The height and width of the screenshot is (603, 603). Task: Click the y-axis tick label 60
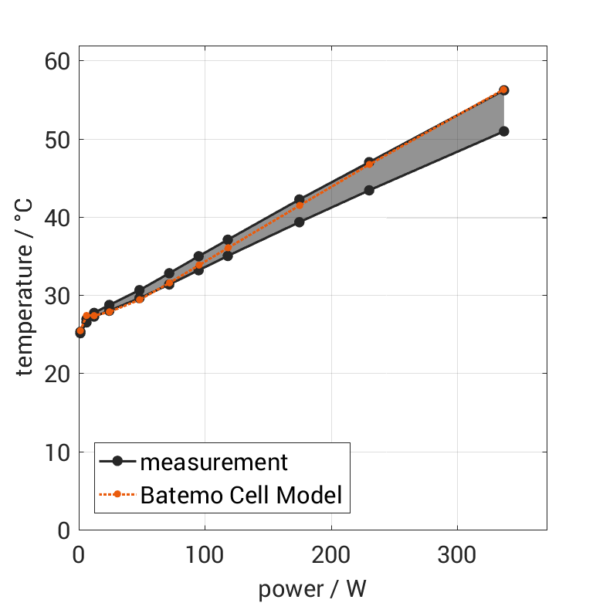(x=58, y=62)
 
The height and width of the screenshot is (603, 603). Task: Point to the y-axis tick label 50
(x=58, y=140)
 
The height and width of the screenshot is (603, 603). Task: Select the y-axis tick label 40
(x=58, y=218)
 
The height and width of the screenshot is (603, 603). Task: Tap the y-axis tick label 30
(x=58, y=296)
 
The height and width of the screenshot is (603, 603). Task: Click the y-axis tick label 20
(x=58, y=374)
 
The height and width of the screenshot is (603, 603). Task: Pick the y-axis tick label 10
(x=58, y=452)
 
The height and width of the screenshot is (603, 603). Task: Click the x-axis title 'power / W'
(x=313, y=588)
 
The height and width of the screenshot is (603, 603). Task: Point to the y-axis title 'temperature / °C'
(x=25, y=296)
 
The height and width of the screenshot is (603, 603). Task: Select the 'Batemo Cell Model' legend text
(x=241, y=494)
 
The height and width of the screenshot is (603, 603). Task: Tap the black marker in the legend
(x=117, y=462)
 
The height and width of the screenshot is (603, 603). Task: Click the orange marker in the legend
(x=117, y=494)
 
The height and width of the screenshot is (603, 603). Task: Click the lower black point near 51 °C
(x=503, y=131)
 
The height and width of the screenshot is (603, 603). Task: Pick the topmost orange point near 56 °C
(x=503, y=90)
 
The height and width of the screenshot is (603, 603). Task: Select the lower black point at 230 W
(x=369, y=190)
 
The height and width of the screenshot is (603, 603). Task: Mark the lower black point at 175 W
(x=300, y=222)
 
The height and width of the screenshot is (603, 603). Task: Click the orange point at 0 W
(x=80, y=330)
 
